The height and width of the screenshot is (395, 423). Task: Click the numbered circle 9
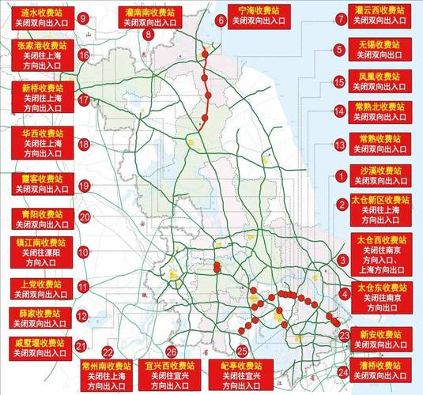point(83,17)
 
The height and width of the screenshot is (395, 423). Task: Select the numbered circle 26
point(172,352)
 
